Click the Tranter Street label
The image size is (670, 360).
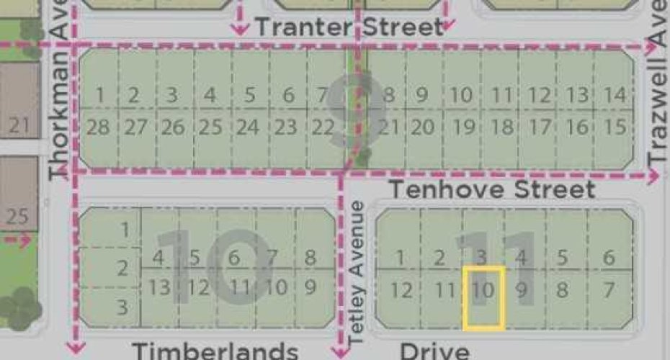[x=349, y=28]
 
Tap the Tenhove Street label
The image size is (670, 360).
[x=492, y=190]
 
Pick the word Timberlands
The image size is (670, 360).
[x=215, y=351]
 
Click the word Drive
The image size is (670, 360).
[x=434, y=351]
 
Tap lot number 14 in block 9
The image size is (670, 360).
[x=614, y=95]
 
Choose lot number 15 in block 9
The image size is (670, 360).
[x=614, y=127]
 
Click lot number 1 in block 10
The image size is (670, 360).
[x=125, y=230]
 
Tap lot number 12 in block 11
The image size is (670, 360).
[x=404, y=290]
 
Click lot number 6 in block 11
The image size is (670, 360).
[x=609, y=258]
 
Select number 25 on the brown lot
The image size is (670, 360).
[x=19, y=215]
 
